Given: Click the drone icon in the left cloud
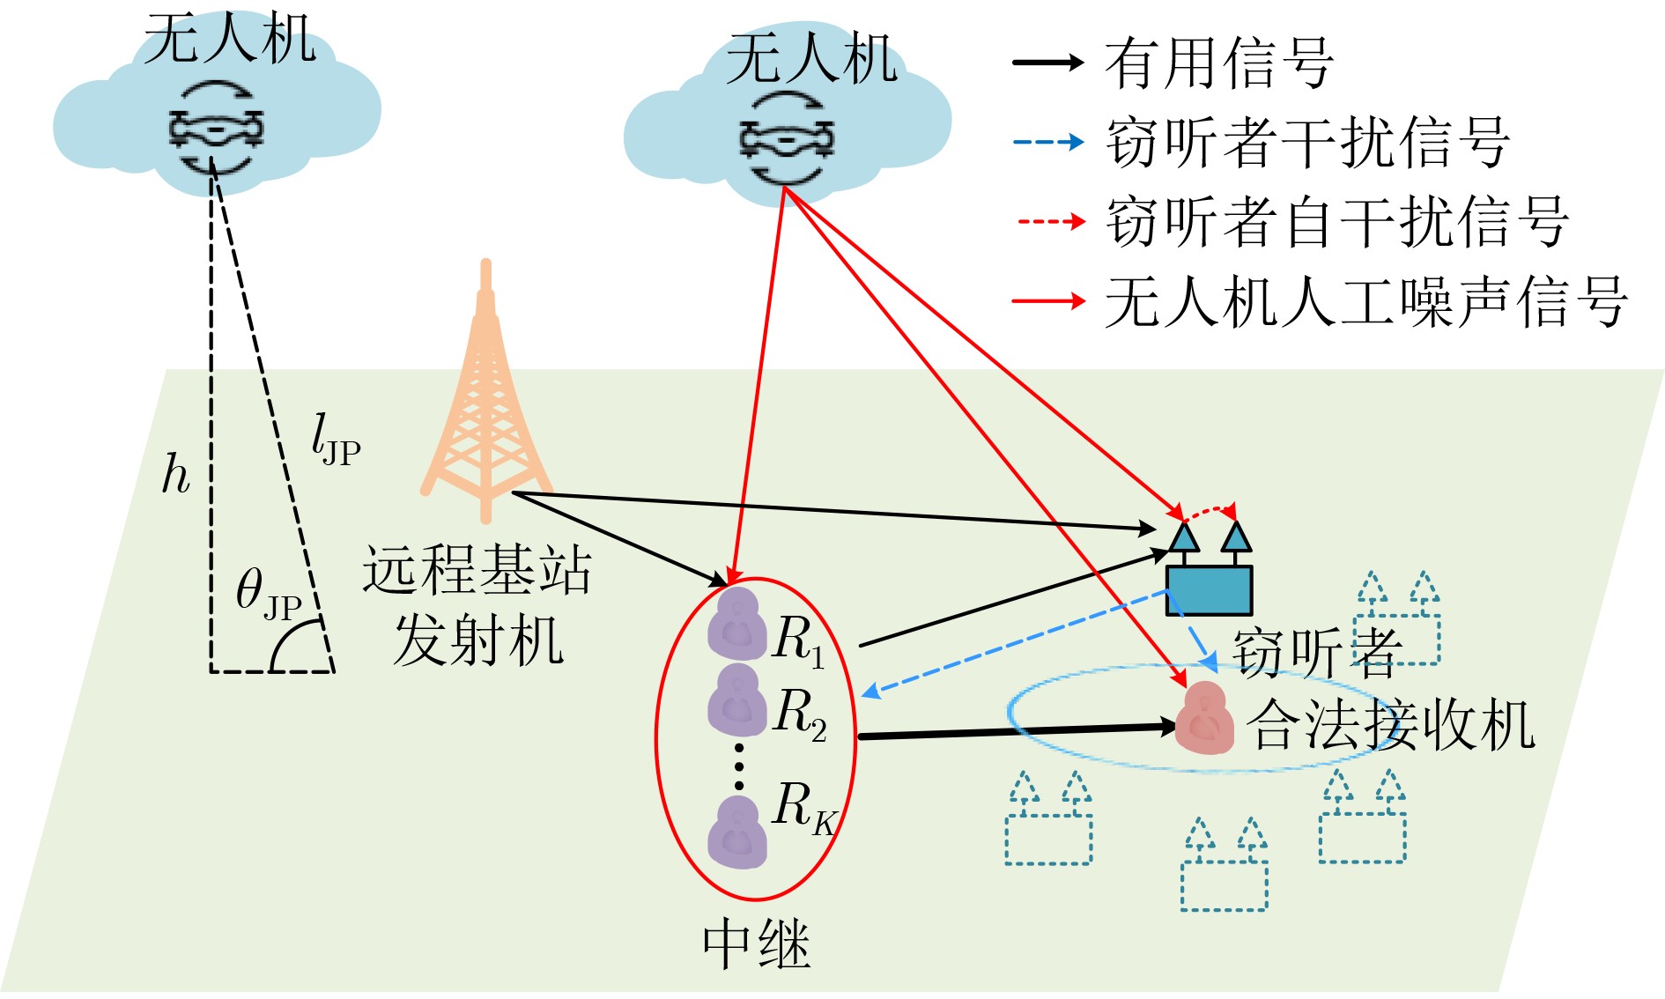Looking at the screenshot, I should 216,129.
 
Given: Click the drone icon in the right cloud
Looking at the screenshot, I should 786,139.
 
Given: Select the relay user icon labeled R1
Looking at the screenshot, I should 736,625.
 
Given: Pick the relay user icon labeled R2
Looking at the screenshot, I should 736,700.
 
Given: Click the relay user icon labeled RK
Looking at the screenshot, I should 736,832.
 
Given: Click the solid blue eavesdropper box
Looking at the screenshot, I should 1209,588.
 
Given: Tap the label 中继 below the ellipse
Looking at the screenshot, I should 756,944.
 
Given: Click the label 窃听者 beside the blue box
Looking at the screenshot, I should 1316,653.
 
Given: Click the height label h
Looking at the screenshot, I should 175,475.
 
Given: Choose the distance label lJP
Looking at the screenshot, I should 336,440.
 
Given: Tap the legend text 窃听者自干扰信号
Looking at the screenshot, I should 1337,221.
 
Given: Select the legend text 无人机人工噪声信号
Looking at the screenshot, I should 1365,302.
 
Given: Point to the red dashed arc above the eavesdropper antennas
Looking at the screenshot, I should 1209,509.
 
